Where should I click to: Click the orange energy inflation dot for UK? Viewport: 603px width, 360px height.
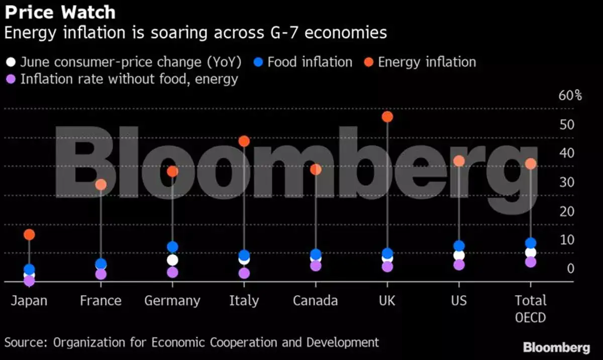pos(387,117)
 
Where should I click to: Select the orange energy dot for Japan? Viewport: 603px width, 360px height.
pos(29,234)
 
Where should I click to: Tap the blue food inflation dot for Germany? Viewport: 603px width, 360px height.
pos(172,247)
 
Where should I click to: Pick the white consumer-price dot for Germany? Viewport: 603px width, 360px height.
pos(172,260)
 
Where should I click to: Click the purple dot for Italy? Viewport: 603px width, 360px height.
pos(244,273)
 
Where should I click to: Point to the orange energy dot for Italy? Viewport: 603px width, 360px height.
pos(244,142)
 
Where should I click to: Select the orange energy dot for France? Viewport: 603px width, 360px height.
pos(101,185)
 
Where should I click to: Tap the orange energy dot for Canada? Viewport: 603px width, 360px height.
pos(316,170)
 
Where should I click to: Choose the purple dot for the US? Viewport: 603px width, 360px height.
pos(459,265)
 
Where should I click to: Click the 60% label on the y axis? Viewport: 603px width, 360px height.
pos(570,95)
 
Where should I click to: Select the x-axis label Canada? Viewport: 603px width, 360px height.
pos(315,301)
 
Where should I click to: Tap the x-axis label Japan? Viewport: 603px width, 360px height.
pos(29,301)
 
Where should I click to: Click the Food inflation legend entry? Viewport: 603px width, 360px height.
pos(310,62)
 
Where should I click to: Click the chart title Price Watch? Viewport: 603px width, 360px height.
pos(60,12)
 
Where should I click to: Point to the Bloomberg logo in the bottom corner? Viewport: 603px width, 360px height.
pos(556,347)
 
